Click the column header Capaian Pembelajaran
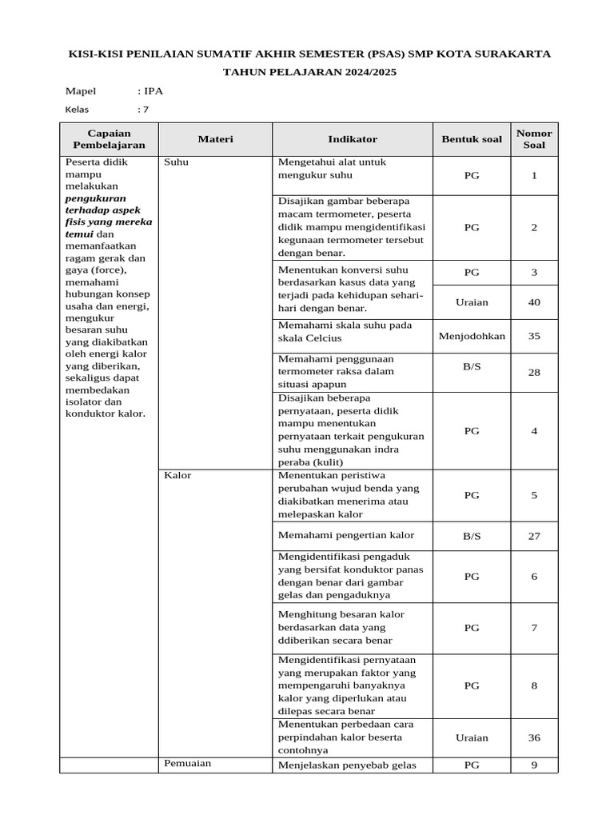coord(109,139)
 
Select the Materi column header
coord(215,139)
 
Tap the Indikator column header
coord(352,139)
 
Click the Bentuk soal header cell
coord(472,139)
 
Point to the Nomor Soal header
coord(534,139)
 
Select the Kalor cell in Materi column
coord(177,475)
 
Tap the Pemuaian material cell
coord(187,763)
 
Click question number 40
coord(534,302)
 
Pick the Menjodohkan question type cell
coord(472,336)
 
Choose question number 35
coord(534,336)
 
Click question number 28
coord(534,373)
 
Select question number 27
coord(534,536)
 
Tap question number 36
coord(534,737)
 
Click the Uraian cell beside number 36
coord(472,737)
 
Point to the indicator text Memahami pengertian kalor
coord(346,535)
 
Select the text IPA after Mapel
coord(153,91)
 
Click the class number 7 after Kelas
coord(146,110)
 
